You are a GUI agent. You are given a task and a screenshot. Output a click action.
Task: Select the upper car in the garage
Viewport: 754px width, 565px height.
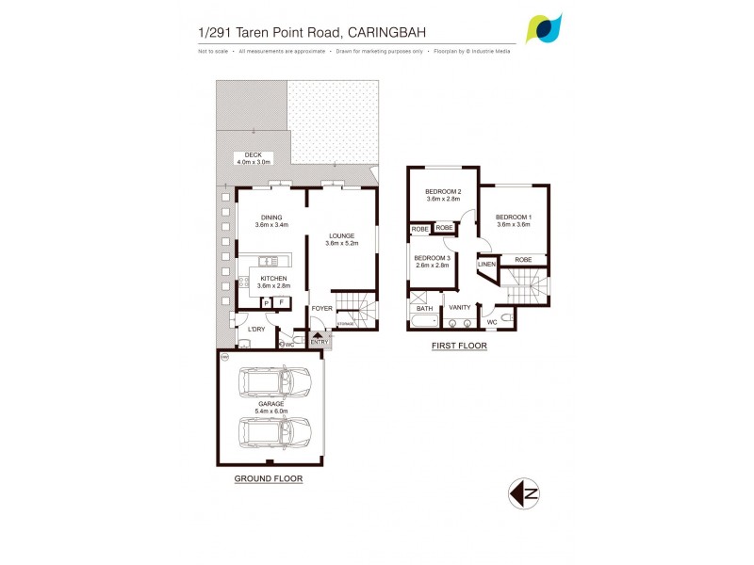[276, 382]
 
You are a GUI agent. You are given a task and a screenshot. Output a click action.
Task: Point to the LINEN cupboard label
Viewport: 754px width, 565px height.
[486, 265]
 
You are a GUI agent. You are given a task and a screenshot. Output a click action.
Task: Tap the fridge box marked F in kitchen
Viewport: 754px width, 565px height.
[281, 302]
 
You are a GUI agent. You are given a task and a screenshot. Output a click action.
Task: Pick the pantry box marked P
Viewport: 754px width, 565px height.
[266, 302]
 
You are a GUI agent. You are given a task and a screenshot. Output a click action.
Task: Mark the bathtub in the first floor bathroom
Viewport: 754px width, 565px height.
[424, 322]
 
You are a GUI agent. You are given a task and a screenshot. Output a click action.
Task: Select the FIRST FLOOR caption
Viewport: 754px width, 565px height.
[460, 346]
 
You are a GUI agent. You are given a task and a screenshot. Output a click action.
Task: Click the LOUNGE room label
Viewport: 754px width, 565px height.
[340, 235]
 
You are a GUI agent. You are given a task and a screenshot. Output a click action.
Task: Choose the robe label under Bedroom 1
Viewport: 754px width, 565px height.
[523, 259]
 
